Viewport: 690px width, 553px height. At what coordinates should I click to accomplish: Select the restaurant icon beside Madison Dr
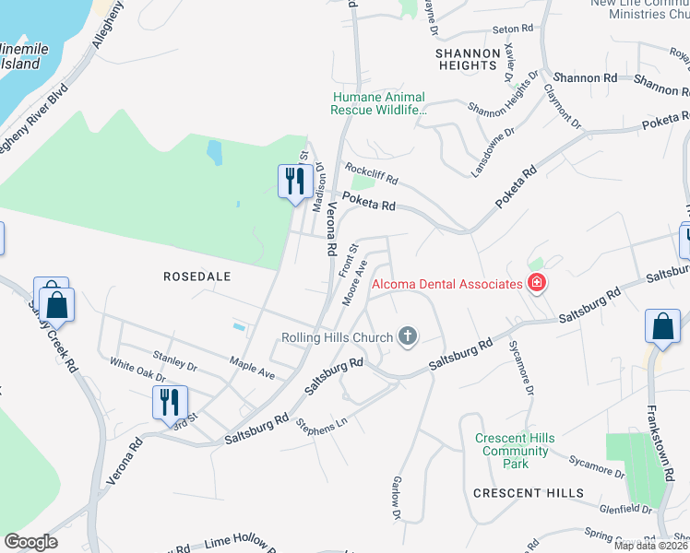294,179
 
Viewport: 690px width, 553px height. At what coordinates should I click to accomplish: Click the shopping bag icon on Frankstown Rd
663,325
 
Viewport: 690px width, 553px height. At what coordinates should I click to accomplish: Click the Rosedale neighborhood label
196,276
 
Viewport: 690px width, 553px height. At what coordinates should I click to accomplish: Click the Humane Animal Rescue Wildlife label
378,103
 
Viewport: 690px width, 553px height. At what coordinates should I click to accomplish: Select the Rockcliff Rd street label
371,171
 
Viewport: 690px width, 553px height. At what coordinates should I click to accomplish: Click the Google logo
30,542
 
